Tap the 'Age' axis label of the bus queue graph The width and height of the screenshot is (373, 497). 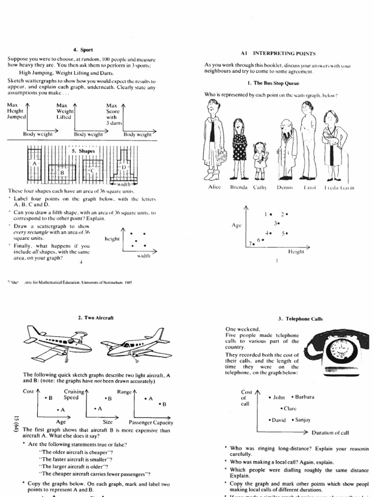[237, 226]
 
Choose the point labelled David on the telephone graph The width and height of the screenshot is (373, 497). [270, 420]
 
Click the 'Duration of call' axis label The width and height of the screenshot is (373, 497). [337, 432]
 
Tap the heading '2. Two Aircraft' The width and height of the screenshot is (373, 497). [96, 318]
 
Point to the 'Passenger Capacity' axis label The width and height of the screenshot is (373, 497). [150, 422]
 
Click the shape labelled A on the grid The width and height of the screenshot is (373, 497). [34, 163]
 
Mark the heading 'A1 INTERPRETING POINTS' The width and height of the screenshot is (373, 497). [277, 53]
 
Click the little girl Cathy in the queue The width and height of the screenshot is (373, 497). [259, 160]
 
